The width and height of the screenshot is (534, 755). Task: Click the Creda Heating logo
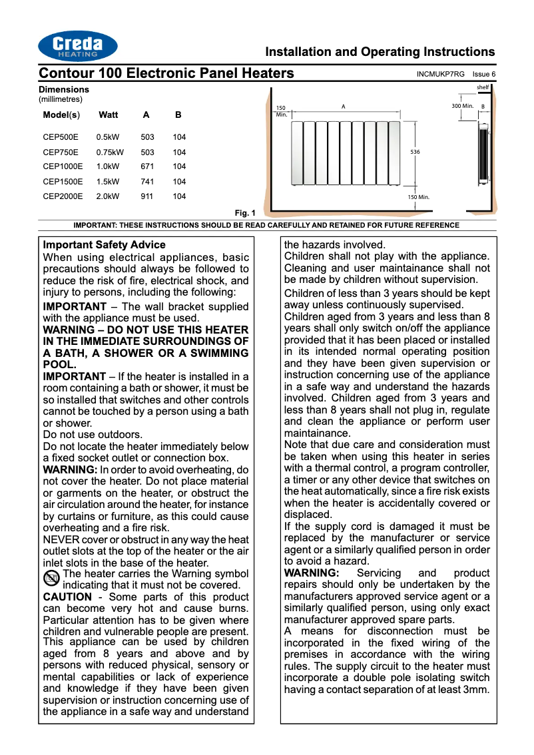coord(78,46)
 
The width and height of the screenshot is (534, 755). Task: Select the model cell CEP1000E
coord(63,167)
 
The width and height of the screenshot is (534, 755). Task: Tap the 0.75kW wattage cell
coord(110,152)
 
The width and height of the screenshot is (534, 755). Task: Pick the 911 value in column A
coord(147,196)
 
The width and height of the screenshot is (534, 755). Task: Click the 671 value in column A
coord(147,167)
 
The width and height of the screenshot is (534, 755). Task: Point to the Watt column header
coord(108,115)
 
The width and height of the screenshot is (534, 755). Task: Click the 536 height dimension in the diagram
coord(415,152)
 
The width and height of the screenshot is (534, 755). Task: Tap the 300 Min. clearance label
coord(462,106)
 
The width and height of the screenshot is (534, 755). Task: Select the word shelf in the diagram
coord(483,88)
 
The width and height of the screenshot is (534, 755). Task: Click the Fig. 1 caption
coord(245,213)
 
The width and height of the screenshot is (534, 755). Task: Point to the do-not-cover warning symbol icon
coord(51,579)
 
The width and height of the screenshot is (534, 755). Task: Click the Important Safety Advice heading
coord(104,245)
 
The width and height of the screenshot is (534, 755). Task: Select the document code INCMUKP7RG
coord(440,74)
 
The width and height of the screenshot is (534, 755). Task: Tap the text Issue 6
coord(484,74)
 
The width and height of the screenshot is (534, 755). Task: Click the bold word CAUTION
coord(67,597)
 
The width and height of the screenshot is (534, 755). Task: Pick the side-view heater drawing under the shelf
coord(483,154)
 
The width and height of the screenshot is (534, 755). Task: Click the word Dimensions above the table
coord(64,89)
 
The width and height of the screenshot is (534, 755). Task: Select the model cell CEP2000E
coord(63,196)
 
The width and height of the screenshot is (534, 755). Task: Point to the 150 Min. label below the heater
coord(419,198)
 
